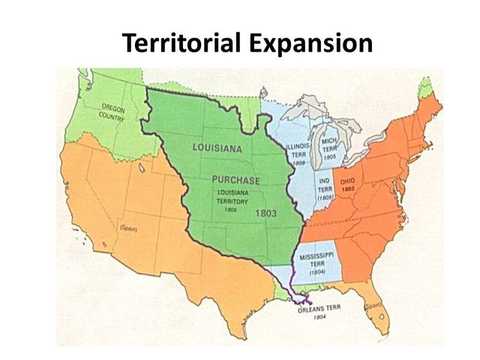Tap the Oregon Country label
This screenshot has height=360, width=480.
(x=112, y=113)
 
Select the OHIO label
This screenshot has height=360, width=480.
(x=348, y=181)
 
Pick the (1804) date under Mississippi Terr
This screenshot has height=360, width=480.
(x=316, y=273)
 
